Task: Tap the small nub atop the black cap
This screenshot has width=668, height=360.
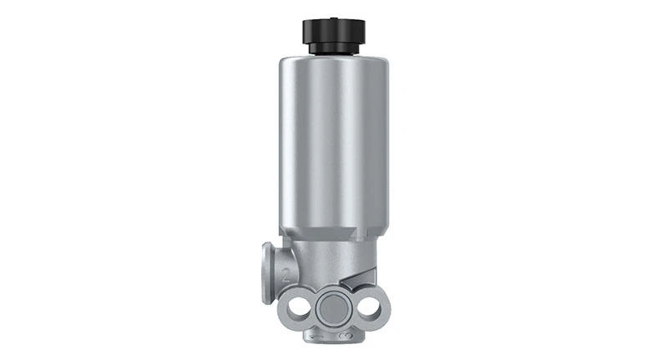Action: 334,15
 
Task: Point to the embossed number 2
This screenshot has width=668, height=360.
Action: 286,271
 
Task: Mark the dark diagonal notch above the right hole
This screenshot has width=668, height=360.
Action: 366,279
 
